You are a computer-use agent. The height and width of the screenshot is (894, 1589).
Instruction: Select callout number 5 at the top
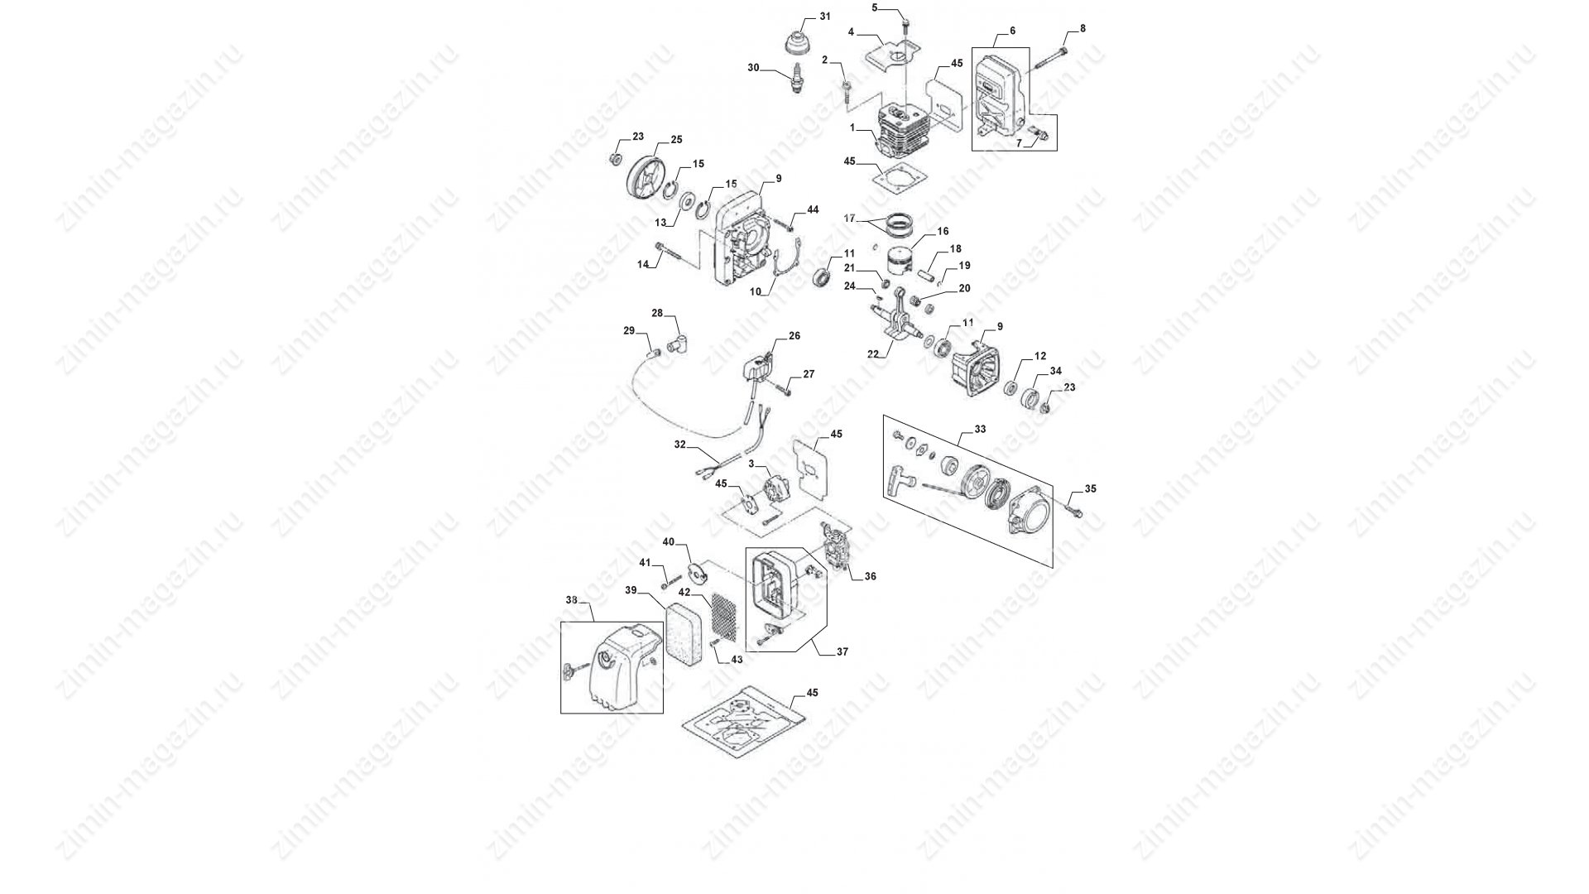click(x=875, y=7)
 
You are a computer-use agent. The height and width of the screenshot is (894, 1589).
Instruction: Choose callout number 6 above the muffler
click(x=1012, y=31)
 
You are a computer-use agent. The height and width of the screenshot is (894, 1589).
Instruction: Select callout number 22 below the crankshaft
click(x=872, y=353)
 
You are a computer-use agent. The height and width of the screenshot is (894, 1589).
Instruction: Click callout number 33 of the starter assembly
click(x=980, y=430)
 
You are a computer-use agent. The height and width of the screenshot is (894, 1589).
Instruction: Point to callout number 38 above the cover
click(x=571, y=600)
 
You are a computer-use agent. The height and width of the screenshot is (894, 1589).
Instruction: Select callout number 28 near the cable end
click(x=657, y=313)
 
